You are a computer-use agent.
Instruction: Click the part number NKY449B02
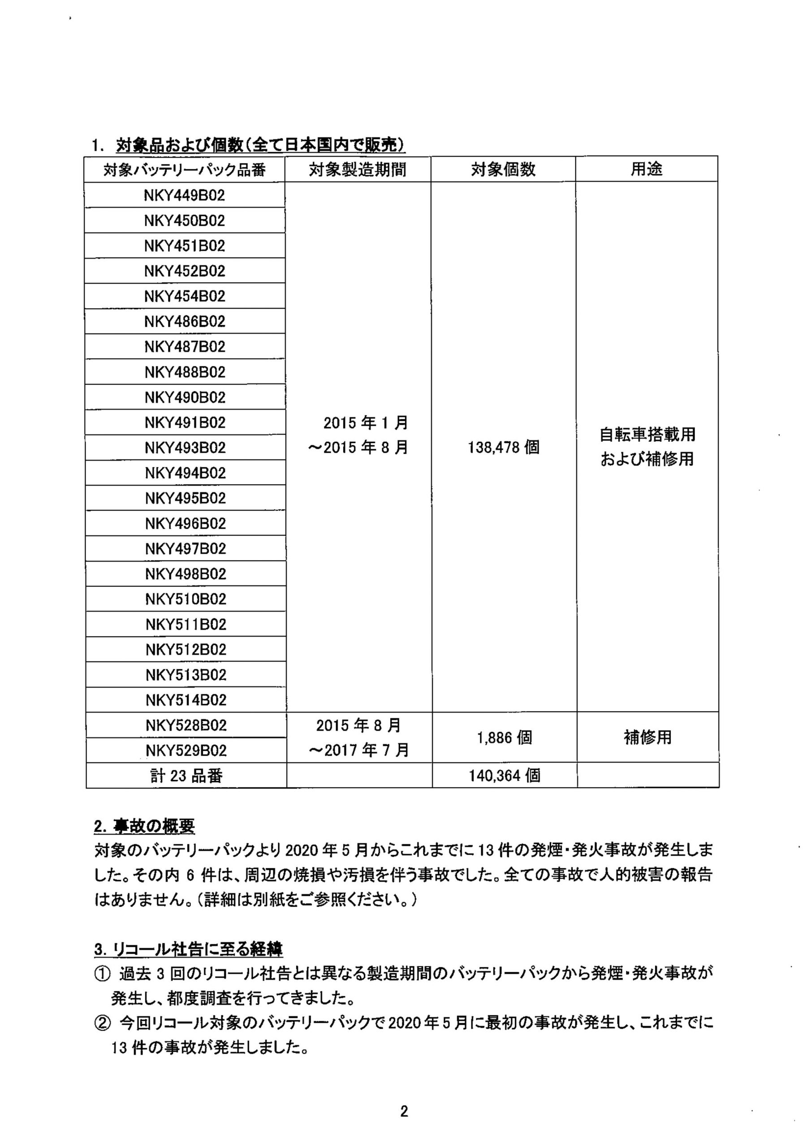(x=185, y=195)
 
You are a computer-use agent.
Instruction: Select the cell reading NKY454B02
(x=185, y=296)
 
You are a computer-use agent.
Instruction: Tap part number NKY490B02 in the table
(x=185, y=398)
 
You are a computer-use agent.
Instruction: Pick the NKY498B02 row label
(x=186, y=574)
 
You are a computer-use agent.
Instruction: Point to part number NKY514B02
(x=186, y=700)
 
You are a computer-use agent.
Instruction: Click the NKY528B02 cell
(x=186, y=725)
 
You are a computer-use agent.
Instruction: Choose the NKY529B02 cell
(x=186, y=750)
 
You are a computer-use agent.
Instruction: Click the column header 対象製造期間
(x=357, y=170)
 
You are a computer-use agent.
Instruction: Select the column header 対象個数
(x=503, y=170)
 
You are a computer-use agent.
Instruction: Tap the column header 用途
(x=647, y=169)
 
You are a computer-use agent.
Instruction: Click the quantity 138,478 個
(x=504, y=447)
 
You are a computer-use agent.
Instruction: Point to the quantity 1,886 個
(x=504, y=738)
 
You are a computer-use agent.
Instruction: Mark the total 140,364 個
(x=504, y=776)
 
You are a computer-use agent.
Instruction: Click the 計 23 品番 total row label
(x=186, y=776)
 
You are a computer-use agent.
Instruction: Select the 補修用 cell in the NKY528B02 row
(x=647, y=737)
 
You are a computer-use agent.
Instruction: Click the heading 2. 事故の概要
(x=144, y=827)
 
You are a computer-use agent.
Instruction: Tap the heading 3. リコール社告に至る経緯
(x=188, y=950)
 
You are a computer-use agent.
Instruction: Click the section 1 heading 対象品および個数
(x=260, y=145)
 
